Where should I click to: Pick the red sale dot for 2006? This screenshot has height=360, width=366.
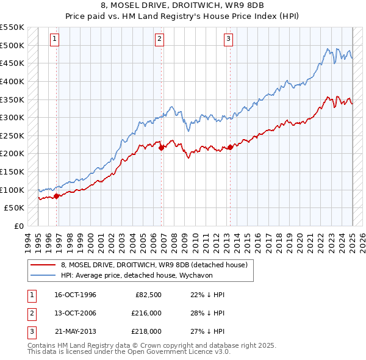point(161,148)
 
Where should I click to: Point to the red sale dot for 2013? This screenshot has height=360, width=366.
point(230,147)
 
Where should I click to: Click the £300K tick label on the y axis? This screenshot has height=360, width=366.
point(12,117)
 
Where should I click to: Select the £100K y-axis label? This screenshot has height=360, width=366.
point(12,190)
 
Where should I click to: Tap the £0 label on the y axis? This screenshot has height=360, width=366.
point(18,226)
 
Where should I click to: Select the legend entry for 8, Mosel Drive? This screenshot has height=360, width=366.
point(154,265)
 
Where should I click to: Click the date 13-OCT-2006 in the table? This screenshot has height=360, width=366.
point(75,313)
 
